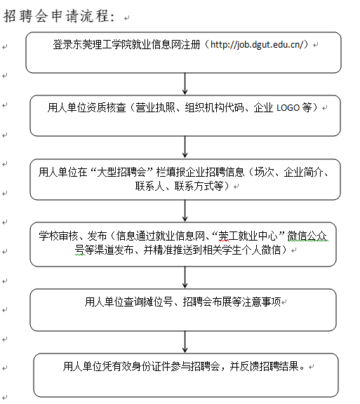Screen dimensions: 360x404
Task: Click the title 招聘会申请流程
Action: tap(59, 16)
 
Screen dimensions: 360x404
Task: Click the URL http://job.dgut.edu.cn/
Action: tap(257, 45)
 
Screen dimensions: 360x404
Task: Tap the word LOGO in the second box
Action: tap(288, 108)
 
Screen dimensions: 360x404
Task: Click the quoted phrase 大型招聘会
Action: tap(121, 172)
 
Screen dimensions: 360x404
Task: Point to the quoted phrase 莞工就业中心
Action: tap(248, 236)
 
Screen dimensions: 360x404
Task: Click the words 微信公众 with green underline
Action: tap(307, 236)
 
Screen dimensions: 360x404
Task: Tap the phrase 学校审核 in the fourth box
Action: tap(58, 236)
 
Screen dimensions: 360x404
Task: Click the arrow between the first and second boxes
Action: tap(185, 83)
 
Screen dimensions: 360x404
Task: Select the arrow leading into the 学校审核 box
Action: tap(185, 210)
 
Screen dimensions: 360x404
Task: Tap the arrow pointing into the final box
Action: tap(185, 342)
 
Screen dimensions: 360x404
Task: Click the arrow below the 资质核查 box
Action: tap(185, 147)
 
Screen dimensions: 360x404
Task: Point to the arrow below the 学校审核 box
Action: tap(185, 277)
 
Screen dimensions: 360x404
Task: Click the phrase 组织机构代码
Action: tap(214, 107)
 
